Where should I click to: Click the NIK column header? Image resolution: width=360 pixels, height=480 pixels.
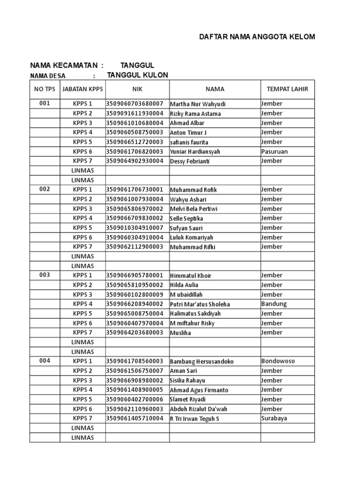tap(137, 89)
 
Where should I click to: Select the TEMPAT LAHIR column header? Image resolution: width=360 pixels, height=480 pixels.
tap(287, 89)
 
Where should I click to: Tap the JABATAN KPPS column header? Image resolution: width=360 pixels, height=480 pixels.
tap(82, 89)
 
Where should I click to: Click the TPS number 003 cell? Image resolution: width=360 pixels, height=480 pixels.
tap(45, 275)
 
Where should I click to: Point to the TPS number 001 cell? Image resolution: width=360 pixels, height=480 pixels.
tap(45, 104)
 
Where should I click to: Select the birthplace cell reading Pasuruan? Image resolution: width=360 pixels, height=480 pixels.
tap(275, 151)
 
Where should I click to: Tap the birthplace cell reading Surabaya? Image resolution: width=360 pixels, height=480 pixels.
tap(274, 418)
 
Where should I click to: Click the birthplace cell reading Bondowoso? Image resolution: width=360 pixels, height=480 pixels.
tap(278, 361)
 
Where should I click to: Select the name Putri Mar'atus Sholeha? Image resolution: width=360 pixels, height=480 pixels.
tap(200, 304)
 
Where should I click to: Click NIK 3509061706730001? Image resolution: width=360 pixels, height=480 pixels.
tap(135, 190)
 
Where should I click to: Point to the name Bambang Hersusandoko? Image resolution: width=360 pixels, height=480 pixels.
tap(202, 362)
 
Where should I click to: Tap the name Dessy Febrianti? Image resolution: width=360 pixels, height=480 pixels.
tap(190, 161)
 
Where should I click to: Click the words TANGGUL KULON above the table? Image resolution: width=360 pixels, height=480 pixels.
tap(137, 75)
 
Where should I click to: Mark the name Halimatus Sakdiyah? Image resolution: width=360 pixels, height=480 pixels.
tap(195, 314)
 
